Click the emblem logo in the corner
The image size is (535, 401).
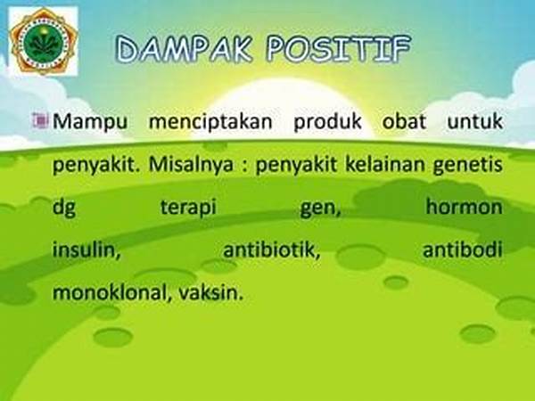pos(43,41)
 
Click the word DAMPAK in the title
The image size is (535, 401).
pos(185,48)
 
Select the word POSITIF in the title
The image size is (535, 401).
pos(339,48)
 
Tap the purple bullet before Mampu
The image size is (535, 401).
pos(40,120)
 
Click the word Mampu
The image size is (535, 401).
pos(90,122)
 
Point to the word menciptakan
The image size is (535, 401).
pos(210,122)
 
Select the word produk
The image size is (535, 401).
pos(327,122)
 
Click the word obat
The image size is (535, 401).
pos(404,121)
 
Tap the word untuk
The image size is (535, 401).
pos(475,121)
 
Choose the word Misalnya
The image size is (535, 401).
pos(191,165)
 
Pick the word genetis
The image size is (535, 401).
pos(468,166)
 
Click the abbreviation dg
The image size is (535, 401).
pos(64,208)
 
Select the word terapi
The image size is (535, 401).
pos(188,208)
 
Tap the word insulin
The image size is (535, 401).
pos(86,250)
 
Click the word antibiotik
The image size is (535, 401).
pos(272,250)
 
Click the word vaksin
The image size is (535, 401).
pos(210,292)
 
